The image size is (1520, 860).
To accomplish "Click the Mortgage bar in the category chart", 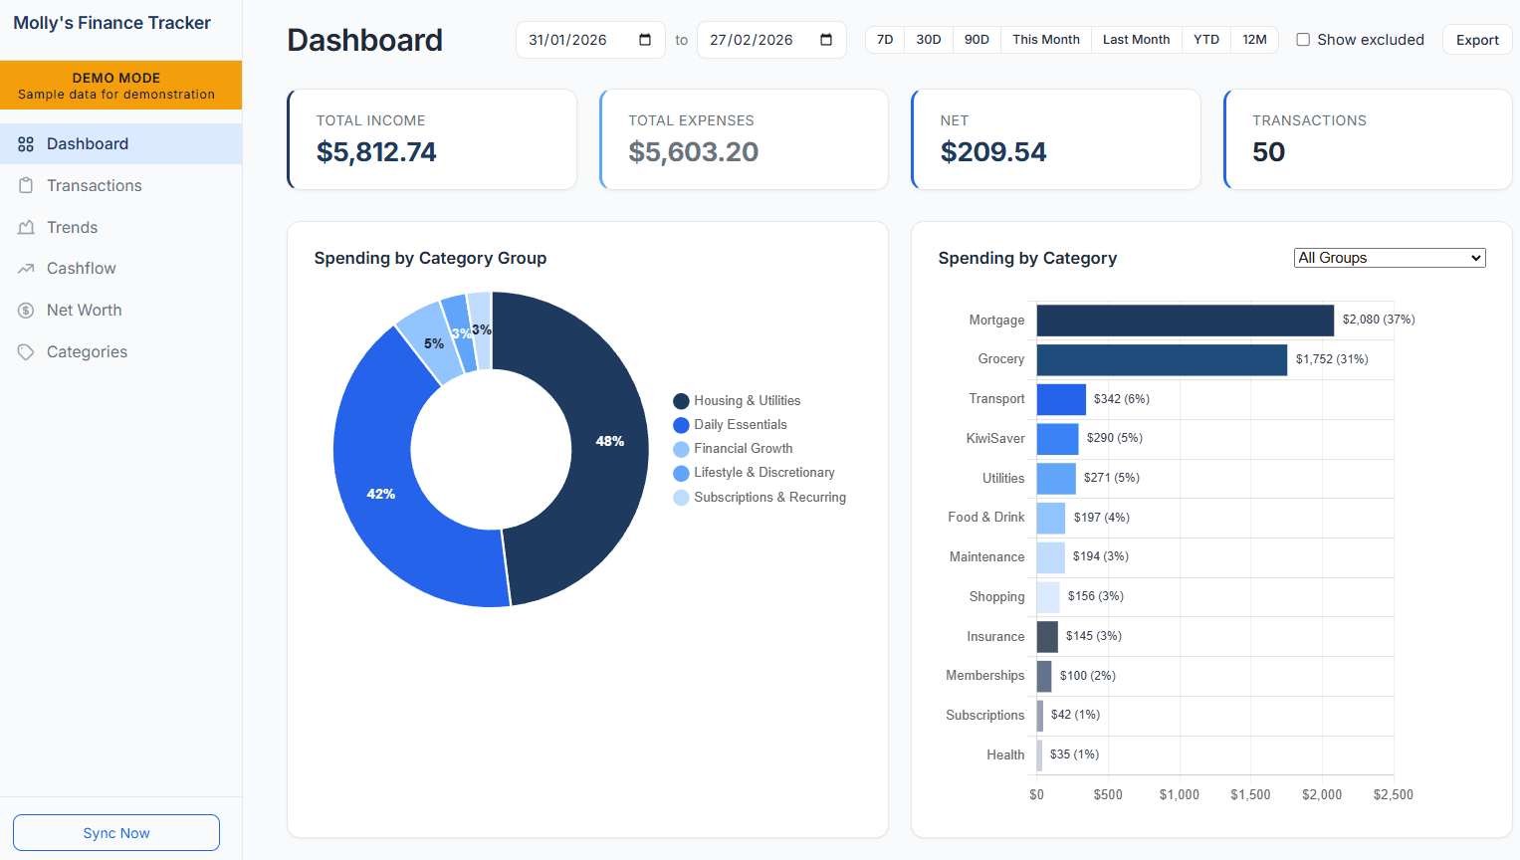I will pyautogui.click(x=1185, y=321).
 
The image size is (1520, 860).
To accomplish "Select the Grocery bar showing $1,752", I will pyautogui.click(x=1162, y=360).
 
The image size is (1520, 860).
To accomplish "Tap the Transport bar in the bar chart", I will pyautogui.click(x=1061, y=399).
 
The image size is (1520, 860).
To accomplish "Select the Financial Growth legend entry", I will pyautogui.click(x=743, y=449).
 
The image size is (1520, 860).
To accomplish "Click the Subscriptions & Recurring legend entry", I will pyautogui.click(x=768, y=498).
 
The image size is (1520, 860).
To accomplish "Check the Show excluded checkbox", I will pyautogui.click(x=1303, y=40).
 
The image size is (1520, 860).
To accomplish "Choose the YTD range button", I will pyautogui.click(x=1205, y=40).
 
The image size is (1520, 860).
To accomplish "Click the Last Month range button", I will pyautogui.click(x=1136, y=40).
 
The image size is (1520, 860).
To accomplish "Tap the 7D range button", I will pyautogui.click(x=885, y=40).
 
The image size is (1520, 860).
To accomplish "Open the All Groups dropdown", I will pyautogui.click(x=1390, y=258).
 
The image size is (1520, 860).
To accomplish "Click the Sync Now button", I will pyautogui.click(x=116, y=833).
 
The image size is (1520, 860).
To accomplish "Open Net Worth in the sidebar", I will pyautogui.click(x=85, y=311).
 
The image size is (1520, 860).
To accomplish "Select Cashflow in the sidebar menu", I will pyautogui.click(x=82, y=269).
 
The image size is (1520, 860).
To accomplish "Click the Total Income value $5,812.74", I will pyautogui.click(x=376, y=152).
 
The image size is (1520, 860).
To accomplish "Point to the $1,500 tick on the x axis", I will pyautogui.click(x=1250, y=794).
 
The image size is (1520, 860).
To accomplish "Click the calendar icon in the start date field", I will pyautogui.click(x=645, y=40).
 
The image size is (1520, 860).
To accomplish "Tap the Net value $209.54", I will pyautogui.click(x=993, y=152).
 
